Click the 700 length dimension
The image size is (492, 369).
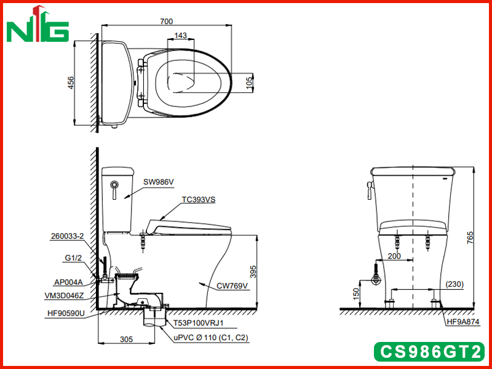[x=166, y=22]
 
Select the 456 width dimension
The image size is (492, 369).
[x=71, y=83]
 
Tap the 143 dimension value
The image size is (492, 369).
[x=180, y=36]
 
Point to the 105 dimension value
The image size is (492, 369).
[x=249, y=83]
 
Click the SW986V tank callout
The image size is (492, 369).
[x=159, y=182]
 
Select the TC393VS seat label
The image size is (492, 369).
[x=199, y=199]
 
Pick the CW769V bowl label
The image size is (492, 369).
[x=232, y=286]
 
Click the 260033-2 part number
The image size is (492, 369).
[x=68, y=236]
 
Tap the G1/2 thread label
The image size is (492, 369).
[x=73, y=258]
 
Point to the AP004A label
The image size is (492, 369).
[x=68, y=282]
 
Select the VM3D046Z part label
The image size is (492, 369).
[x=64, y=296]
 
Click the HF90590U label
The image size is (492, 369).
[x=66, y=313]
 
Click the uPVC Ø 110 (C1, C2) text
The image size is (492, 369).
[x=211, y=338]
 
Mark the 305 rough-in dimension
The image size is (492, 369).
[x=126, y=339]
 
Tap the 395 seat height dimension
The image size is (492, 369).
[x=253, y=272]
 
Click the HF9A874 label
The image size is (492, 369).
[x=463, y=322]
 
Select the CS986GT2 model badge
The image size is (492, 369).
[x=429, y=351]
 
